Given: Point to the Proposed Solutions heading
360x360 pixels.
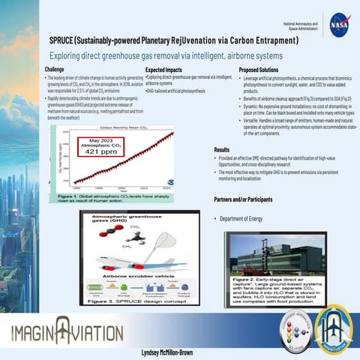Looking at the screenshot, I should tap(264, 69).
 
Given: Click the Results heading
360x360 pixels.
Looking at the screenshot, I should tap(222, 150).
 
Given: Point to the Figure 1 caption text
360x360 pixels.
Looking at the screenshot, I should tap(113, 197).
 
